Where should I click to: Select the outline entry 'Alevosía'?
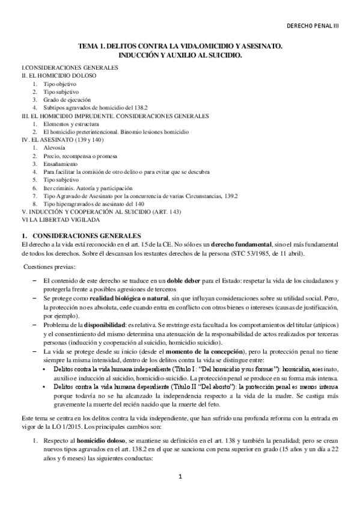point(55,147)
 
